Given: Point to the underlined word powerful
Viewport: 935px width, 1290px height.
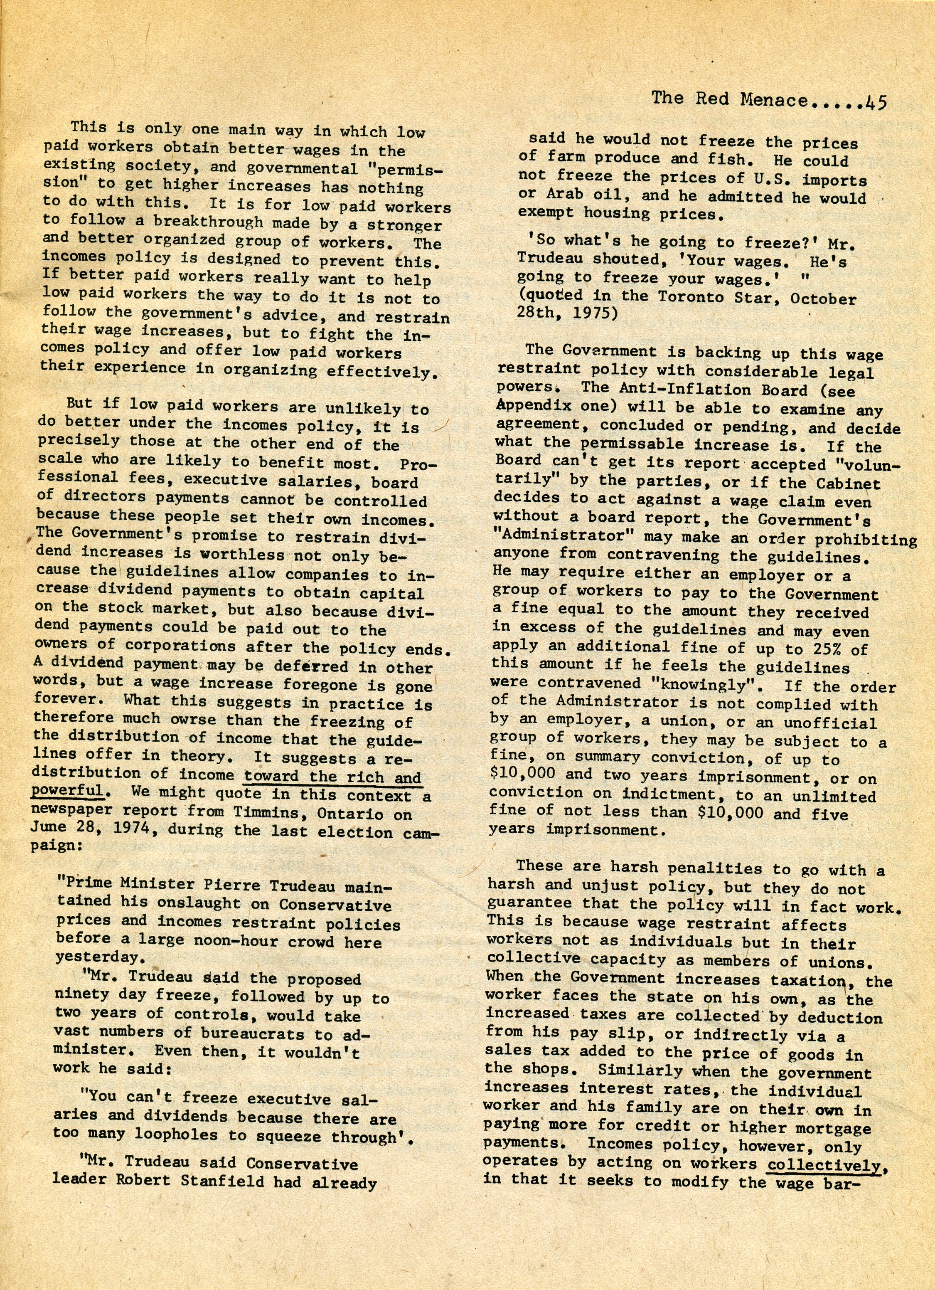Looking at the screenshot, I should click(67, 791).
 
